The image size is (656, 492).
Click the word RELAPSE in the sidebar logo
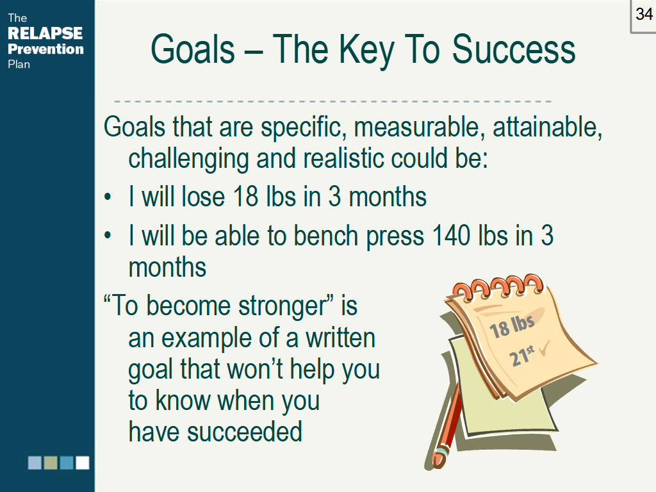point(45,33)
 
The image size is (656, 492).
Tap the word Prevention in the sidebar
point(45,49)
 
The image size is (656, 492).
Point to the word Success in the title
point(514,49)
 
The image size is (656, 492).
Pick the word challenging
point(189,160)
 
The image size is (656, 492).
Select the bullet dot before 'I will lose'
point(108,197)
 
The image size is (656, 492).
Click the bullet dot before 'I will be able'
point(108,236)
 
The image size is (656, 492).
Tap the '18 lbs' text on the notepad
point(512,326)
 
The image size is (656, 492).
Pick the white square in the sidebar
point(83,463)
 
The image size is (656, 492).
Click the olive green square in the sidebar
point(51,463)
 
